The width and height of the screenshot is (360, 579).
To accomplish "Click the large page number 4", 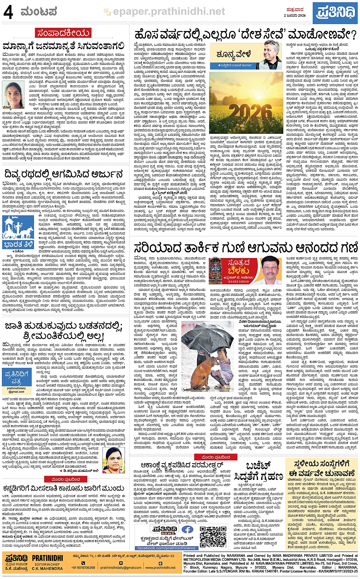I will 8,12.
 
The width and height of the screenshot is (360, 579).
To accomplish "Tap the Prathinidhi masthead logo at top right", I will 335,11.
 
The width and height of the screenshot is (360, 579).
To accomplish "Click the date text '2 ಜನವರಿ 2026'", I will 295,16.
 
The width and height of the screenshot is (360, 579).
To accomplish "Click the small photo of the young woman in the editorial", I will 14,94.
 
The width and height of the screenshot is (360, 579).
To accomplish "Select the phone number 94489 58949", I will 239,281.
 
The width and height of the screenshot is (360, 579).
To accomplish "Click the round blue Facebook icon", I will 187,529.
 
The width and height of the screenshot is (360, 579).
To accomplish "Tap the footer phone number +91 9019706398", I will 83,567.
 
